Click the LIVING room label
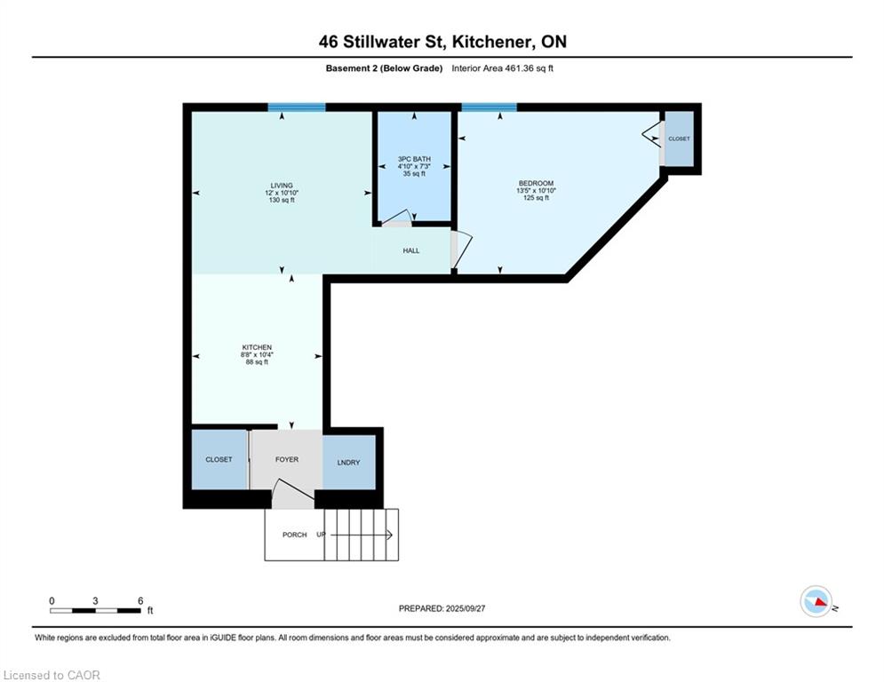pos(282,186)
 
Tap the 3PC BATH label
pos(414,159)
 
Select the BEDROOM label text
pos(536,183)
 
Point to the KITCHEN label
pos(257,347)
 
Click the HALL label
pos(411,250)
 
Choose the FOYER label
pos(287,459)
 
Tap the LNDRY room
pos(349,462)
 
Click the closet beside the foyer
pos(219,459)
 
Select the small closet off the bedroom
pos(680,139)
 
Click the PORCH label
pos(295,535)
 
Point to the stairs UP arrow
pos(361,535)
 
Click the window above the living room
pos(297,107)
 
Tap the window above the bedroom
pos(489,107)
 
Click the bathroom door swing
pos(399,218)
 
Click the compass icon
pos(816,601)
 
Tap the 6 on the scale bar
pos(140,601)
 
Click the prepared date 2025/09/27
pos(466,608)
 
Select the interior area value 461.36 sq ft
pos(516,68)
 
